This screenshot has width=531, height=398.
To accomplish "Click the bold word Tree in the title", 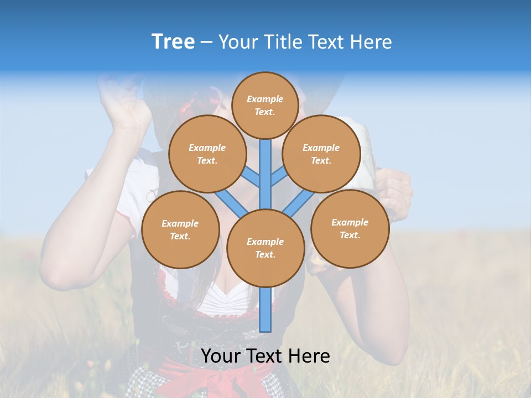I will pyautogui.click(x=173, y=41).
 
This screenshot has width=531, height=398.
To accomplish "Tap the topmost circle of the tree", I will pyautogui.click(x=265, y=105).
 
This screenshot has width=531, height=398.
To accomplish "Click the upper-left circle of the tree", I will pyautogui.click(x=207, y=154).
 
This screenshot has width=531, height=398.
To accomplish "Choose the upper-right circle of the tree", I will pyautogui.click(x=321, y=154).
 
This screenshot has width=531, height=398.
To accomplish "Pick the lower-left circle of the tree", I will pyautogui.click(x=180, y=229).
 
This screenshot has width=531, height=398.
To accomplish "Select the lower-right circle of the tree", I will pyautogui.click(x=350, y=228).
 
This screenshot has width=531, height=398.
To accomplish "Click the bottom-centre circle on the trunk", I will pyautogui.click(x=265, y=248).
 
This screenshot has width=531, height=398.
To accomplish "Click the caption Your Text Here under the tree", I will pyautogui.click(x=265, y=356).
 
